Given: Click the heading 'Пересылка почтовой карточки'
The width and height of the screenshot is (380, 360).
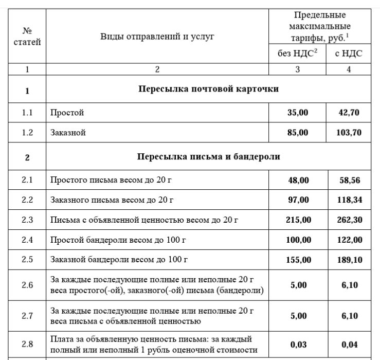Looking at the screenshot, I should (208, 89).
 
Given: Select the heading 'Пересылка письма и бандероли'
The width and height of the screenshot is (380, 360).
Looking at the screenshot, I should (208, 156).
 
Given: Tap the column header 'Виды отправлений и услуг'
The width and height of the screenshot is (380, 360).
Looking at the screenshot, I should (157, 36).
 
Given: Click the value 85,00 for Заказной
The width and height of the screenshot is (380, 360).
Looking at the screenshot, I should (298, 133).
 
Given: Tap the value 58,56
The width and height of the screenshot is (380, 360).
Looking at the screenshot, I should (350, 179).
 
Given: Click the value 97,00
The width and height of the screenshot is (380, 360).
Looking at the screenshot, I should (298, 200).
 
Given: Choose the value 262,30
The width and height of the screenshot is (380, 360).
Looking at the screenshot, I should (350, 220).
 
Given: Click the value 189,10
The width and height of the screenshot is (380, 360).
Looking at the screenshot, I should (350, 260).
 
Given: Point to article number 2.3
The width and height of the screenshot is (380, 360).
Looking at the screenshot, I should (27, 220).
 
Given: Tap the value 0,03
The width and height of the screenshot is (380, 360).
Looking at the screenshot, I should (298, 345).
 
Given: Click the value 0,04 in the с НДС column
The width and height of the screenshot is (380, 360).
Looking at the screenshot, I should (350, 345).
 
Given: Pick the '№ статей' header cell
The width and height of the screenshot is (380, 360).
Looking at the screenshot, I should (27, 36).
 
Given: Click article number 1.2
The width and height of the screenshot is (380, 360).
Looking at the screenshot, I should (27, 133).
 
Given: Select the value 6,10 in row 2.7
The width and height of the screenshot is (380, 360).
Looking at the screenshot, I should (350, 316).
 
